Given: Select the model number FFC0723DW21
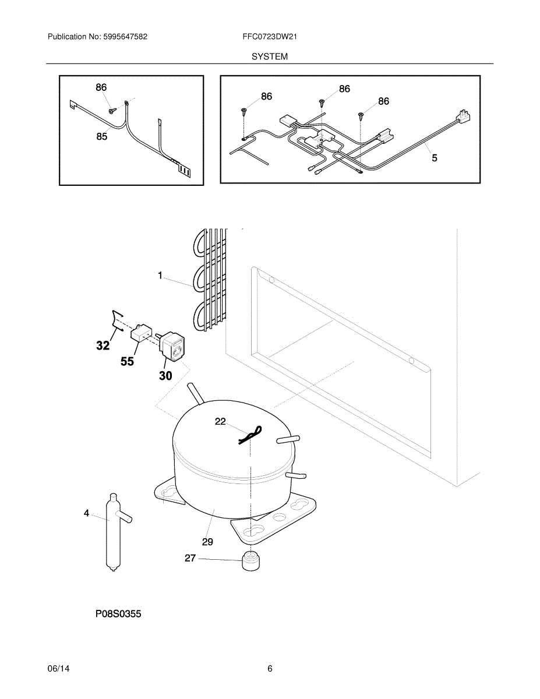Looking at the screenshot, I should click(270, 37).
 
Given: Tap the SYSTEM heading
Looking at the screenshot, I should click(270, 57).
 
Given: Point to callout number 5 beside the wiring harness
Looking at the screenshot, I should click(435, 157).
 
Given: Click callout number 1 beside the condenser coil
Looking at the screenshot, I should click(160, 276).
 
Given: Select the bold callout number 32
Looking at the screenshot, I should click(103, 345).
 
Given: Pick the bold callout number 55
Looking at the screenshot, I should click(127, 361).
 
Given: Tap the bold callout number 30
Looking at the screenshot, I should click(165, 376).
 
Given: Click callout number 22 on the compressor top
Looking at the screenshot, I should click(220, 422).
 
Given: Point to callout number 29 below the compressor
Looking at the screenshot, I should click(207, 542).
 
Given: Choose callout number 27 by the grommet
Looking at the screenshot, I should click(190, 558).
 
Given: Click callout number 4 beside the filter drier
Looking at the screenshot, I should click(87, 513).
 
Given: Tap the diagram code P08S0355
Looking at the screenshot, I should click(118, 614).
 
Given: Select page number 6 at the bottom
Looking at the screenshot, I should click(270, 669).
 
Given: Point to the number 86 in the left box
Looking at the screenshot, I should click(101, 87).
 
